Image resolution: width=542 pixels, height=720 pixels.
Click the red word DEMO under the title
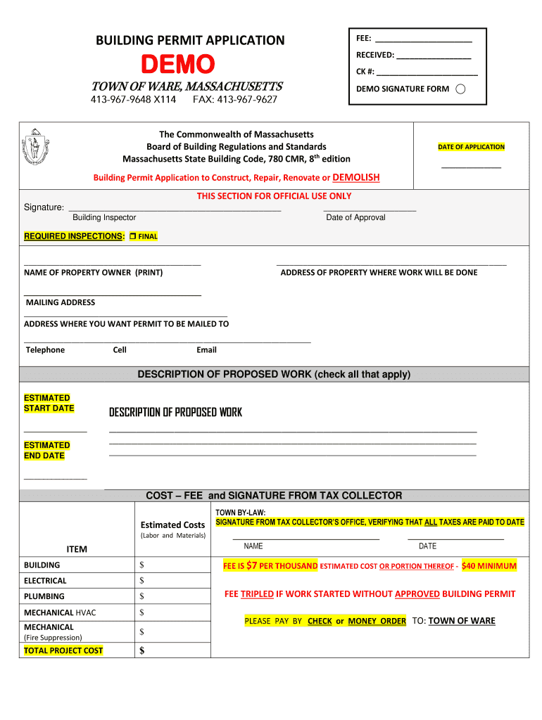[x=177, y=65]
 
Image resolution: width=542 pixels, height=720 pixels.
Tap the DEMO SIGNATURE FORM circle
[x=460, y=89]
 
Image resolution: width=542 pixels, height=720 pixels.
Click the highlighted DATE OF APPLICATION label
[x=471, y=147]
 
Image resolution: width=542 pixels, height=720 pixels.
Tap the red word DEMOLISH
[x=355, y=177]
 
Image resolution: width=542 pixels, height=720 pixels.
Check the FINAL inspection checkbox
[x=132, y=236]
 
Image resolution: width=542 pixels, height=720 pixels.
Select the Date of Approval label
[x=355, y=217]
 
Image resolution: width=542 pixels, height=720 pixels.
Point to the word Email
[x=206, y=350]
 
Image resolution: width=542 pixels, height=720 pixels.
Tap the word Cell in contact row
[x=120, y=350]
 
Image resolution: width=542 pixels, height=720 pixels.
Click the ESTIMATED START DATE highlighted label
[x=48, y=403]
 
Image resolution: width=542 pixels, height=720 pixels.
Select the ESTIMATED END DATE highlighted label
[x=46, y=450]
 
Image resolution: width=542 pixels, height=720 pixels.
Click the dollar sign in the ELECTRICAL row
[x=141, y=581]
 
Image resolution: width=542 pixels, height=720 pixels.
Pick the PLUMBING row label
[x=44, y=596]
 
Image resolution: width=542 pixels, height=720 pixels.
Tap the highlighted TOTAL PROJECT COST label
[x=63, y=650]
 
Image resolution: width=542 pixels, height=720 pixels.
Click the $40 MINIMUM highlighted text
[x=489, y=566]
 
